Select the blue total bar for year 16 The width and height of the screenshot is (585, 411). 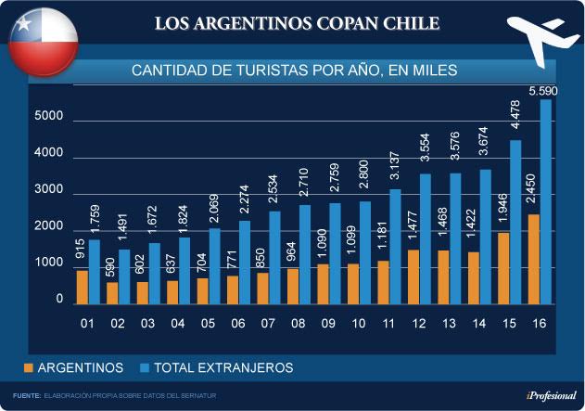[x=544, y=201]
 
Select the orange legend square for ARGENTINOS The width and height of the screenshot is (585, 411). [x=28, y=368]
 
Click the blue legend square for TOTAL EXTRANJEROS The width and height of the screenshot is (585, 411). [x=146, y=368]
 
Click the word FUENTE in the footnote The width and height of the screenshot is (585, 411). [x=26, y=396]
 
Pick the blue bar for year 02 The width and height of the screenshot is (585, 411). [x=124, y=276]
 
